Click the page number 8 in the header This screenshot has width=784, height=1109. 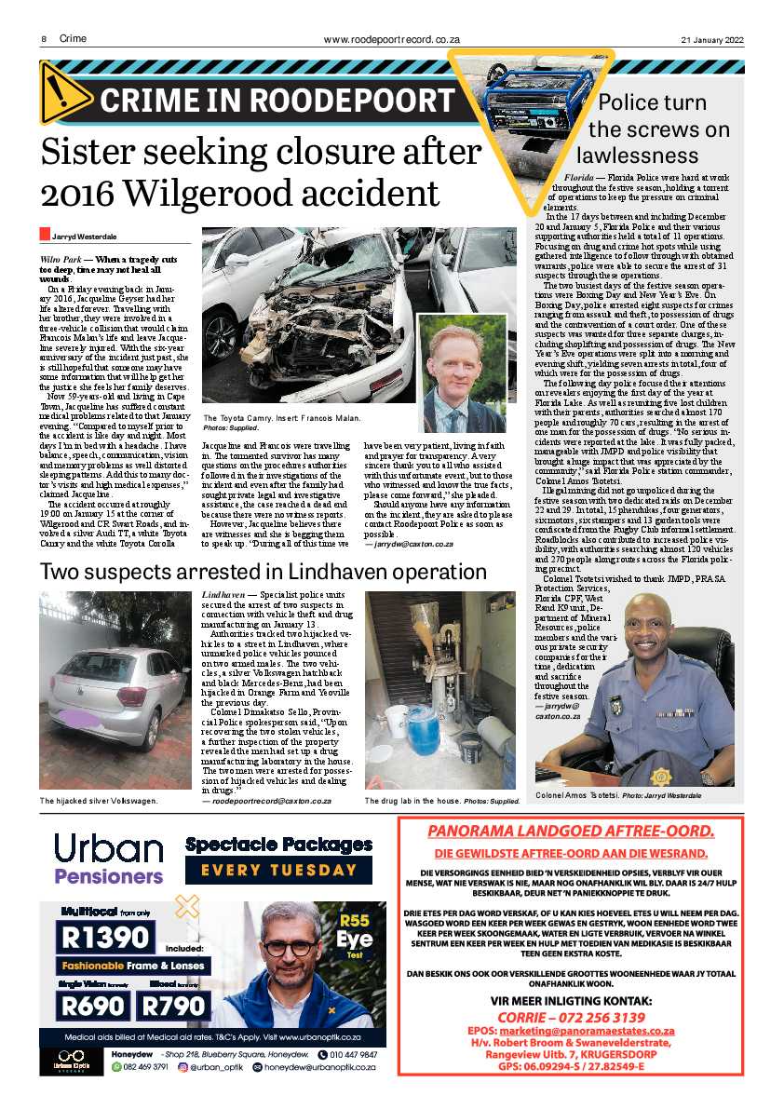pos(44,39)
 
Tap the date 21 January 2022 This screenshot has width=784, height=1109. pos(712,39)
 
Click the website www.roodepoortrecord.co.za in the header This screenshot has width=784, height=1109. pos(391,39)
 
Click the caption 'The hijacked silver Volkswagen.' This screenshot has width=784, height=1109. pos(99,800)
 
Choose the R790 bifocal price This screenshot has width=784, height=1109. pos(172,1005)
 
